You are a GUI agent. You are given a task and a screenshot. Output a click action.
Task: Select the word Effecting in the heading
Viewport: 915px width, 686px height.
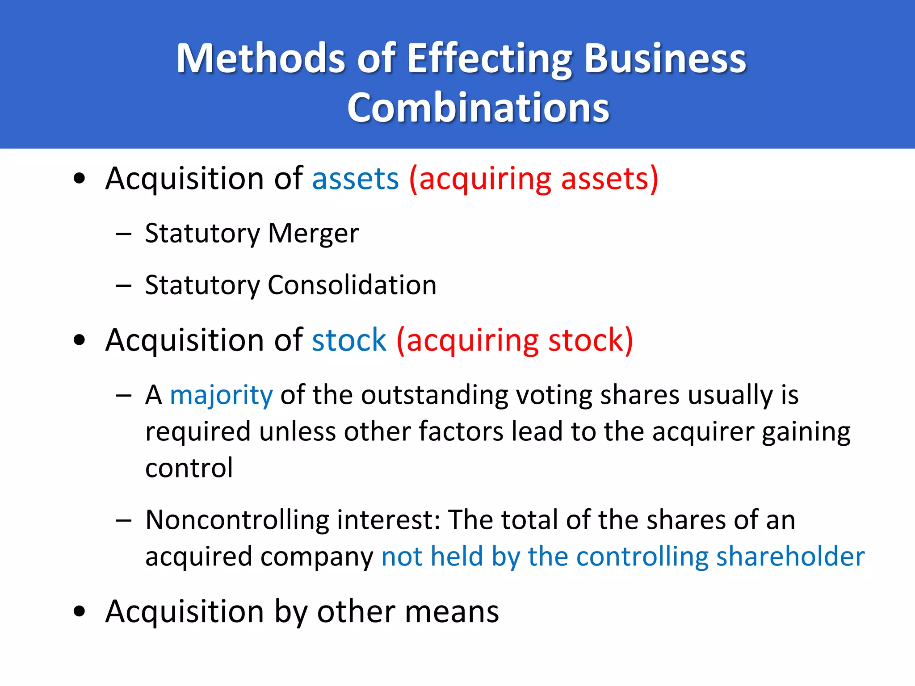tap(490, 59)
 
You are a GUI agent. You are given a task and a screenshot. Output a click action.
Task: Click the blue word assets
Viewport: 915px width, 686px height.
tap(355, 179)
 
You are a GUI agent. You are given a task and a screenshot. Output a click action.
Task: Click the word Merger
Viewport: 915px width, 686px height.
tap(313, 233)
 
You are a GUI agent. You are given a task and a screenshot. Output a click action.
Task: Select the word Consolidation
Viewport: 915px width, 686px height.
tap(352, 285)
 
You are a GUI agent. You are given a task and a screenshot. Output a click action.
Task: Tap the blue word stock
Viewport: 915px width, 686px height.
tap(349, 340)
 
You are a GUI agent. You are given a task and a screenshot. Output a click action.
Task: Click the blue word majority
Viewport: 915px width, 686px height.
tap(221, 396)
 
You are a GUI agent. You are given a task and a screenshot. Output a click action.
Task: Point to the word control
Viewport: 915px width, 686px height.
tap(189, 468)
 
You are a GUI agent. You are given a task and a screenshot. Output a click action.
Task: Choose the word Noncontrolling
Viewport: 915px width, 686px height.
tap(237, 520)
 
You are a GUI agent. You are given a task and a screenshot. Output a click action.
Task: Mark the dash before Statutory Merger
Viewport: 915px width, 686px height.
tap(123, 234)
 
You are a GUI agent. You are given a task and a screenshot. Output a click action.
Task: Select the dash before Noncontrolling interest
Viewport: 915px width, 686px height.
tap(123, 520)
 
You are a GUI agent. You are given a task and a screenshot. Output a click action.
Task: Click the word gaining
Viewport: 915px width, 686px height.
tap(806, 432)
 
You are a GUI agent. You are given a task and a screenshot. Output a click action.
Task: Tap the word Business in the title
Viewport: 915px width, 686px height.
tap(665, 59)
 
